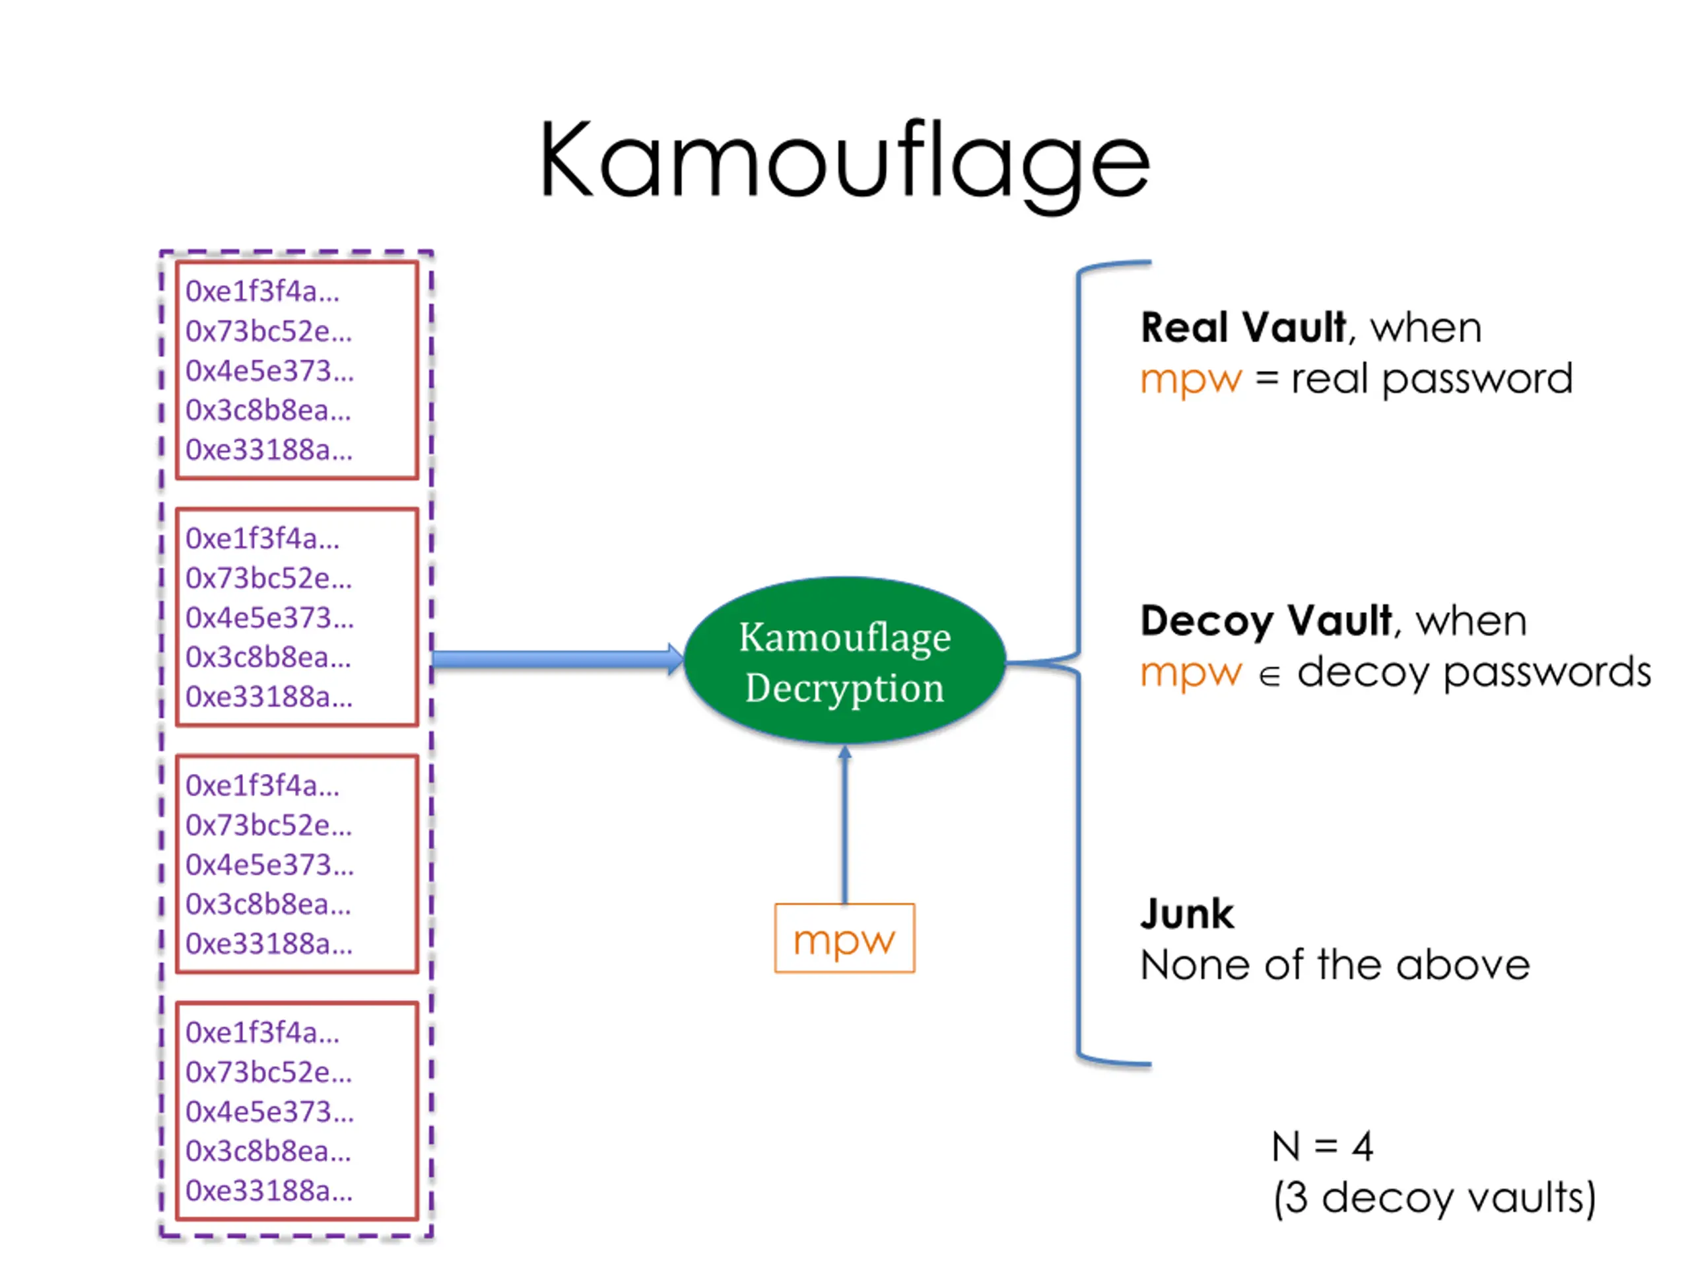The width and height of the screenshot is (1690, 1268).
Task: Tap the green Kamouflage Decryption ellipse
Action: (844, 660)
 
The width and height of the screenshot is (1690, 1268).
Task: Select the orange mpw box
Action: (844, 938)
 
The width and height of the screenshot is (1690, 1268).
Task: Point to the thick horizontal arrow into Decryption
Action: (558, 660)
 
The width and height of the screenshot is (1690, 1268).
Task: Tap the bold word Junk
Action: (1186, 913)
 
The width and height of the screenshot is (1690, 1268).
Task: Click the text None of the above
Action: (1335, 965)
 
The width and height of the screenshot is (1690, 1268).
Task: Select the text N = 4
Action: (1322, 1146)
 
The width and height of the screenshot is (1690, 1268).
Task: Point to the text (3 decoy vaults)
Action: (1434, 1199)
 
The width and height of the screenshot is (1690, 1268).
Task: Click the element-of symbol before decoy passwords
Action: (1269, 676)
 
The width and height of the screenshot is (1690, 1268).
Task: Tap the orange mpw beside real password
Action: (1191, 380)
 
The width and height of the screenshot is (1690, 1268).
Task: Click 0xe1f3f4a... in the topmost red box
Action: (262, 291)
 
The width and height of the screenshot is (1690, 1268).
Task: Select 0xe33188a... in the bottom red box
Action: (269, 1191)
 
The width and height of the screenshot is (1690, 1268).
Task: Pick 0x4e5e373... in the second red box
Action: (270, 617)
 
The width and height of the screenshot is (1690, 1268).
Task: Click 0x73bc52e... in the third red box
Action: (269, 826)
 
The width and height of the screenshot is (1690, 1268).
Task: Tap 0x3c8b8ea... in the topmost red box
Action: (268, 410)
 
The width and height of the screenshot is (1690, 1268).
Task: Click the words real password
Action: (1431, 380)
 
